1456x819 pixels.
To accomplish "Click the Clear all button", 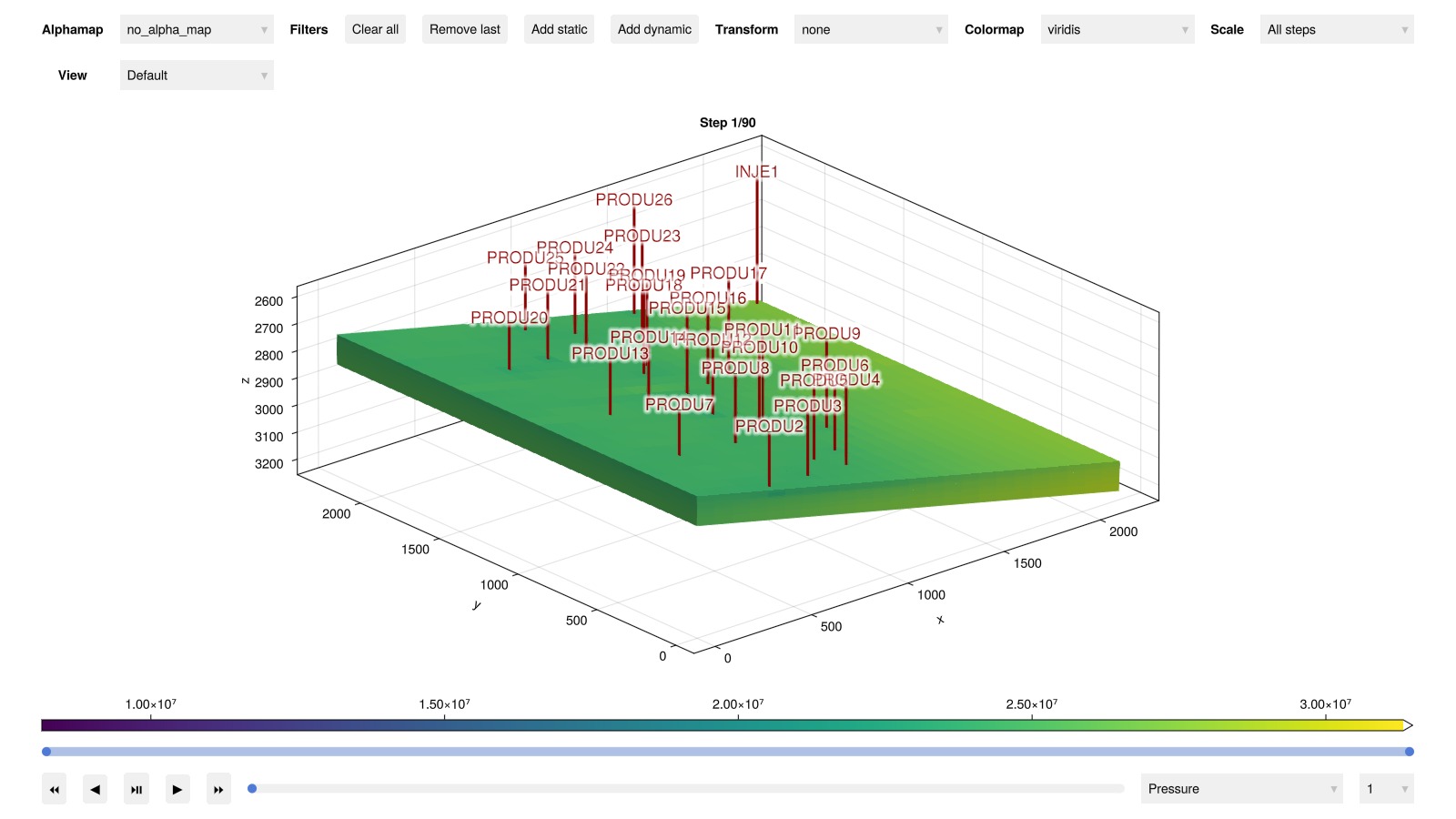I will pyautogui.click(x=375, y=29).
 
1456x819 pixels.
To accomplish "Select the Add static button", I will pyautogui.click(x=559, y=29).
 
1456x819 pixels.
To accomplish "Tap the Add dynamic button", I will pyautogui.click(x=654, y=29).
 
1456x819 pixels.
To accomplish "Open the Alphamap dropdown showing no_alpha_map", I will pyautogui.click(x=197, y=29).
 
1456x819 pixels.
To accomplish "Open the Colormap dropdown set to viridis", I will pyautogui.click(x=1117, y=29).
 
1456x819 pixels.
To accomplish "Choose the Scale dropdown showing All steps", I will pyautogui.click(x=1336, y=29).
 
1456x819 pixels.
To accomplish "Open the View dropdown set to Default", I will pyautogui.click(x=197, y=75).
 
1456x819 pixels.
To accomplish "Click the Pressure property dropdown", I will pyautogui.click(x=1241, y=789).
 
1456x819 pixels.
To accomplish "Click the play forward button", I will pyautogui.click(x=177, y=789).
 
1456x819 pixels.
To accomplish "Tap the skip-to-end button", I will pyautogui.click(x=218, y=789).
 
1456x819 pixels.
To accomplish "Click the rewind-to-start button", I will pyautogui.click(x=55, y=789).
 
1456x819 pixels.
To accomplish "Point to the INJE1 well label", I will pyautogui.click(x=756, y=171).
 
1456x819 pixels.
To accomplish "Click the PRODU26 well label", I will pyautogui.click(x=633, y=199).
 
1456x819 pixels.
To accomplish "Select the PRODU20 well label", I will pyautogui.click(x=509, y=318).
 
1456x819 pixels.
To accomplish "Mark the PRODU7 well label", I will pyautogui.click(x=679, y=404).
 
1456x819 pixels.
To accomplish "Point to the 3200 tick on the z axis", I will pyautogui.click(x=268, y=463).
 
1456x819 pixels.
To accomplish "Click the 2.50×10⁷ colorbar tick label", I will pyautogui.click(x=1031, y=704).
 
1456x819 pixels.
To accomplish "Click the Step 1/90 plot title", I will pyautogui.click(x=727, y=123).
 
